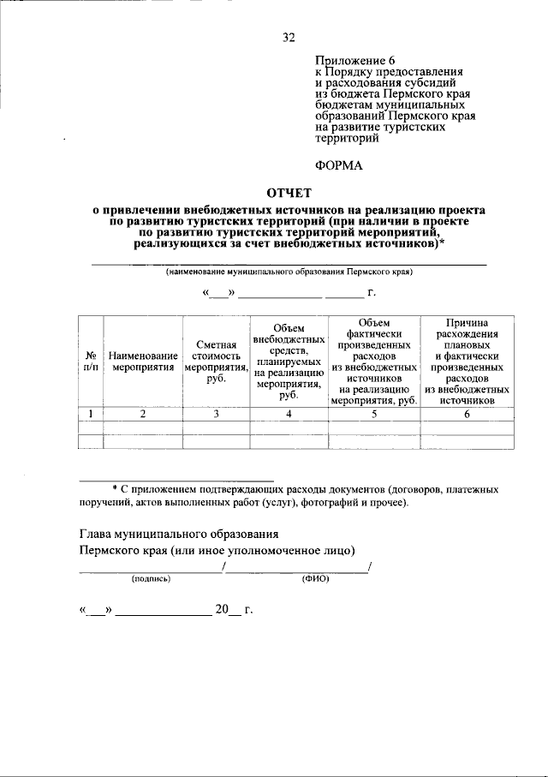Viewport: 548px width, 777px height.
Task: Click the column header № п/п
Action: click(x=90, y=361)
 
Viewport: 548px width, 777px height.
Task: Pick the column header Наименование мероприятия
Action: click(x=143, y=361)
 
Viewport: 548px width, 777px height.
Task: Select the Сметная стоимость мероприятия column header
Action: click(x=216, y=361)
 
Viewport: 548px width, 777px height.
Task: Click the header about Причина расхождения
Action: click(x=467, y=361)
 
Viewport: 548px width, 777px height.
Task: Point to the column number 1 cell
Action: click(x=90, y=414)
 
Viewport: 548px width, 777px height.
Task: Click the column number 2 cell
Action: click(x=143, y=414)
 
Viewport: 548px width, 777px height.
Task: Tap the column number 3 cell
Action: click(x=216, y=414)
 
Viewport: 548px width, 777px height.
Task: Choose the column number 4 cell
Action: click(x=289, y=414)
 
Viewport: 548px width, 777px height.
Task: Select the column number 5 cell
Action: click(x=373, y=414)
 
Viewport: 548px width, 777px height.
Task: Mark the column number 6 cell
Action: click(x=467, y=414)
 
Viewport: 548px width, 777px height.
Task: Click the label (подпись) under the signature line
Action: click(x=151, y=579)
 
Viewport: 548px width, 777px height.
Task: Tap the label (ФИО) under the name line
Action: click(x=315, y=579)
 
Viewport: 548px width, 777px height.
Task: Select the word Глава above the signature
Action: click(x=97, y=534)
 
